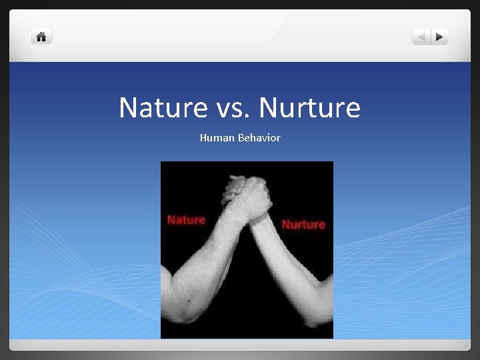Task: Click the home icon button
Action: [x=41, y=37]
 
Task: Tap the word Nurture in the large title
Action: [x=309, y=107]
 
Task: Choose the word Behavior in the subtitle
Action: [x=257, y=138]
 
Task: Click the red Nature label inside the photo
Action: [x=186, y=219]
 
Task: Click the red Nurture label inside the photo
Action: [x=303, y=225]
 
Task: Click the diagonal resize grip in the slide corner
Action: [x=465, y=345]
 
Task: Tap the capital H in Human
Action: [x=203, y=138]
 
